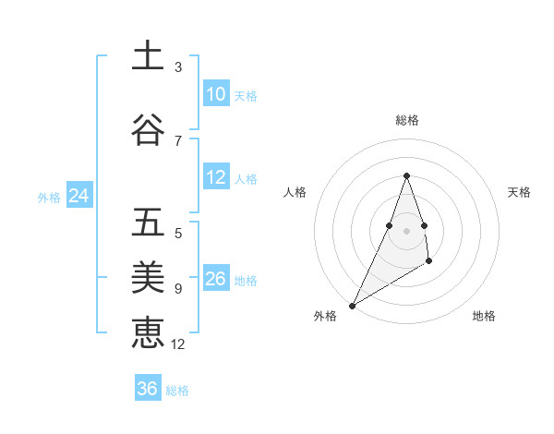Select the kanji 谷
148,130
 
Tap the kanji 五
148,223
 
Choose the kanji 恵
148,332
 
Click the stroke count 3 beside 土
178,67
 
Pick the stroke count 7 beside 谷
178,140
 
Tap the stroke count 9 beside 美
178,288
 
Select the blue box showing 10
215,94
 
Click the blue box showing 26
215,279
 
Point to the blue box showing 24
78,196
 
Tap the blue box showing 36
148,389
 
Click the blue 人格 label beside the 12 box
246,179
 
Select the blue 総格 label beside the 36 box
177,391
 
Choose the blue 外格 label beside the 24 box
49,198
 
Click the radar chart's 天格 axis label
519,192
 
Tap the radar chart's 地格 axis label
484,316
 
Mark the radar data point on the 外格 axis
352,305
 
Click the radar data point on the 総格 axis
406,175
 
